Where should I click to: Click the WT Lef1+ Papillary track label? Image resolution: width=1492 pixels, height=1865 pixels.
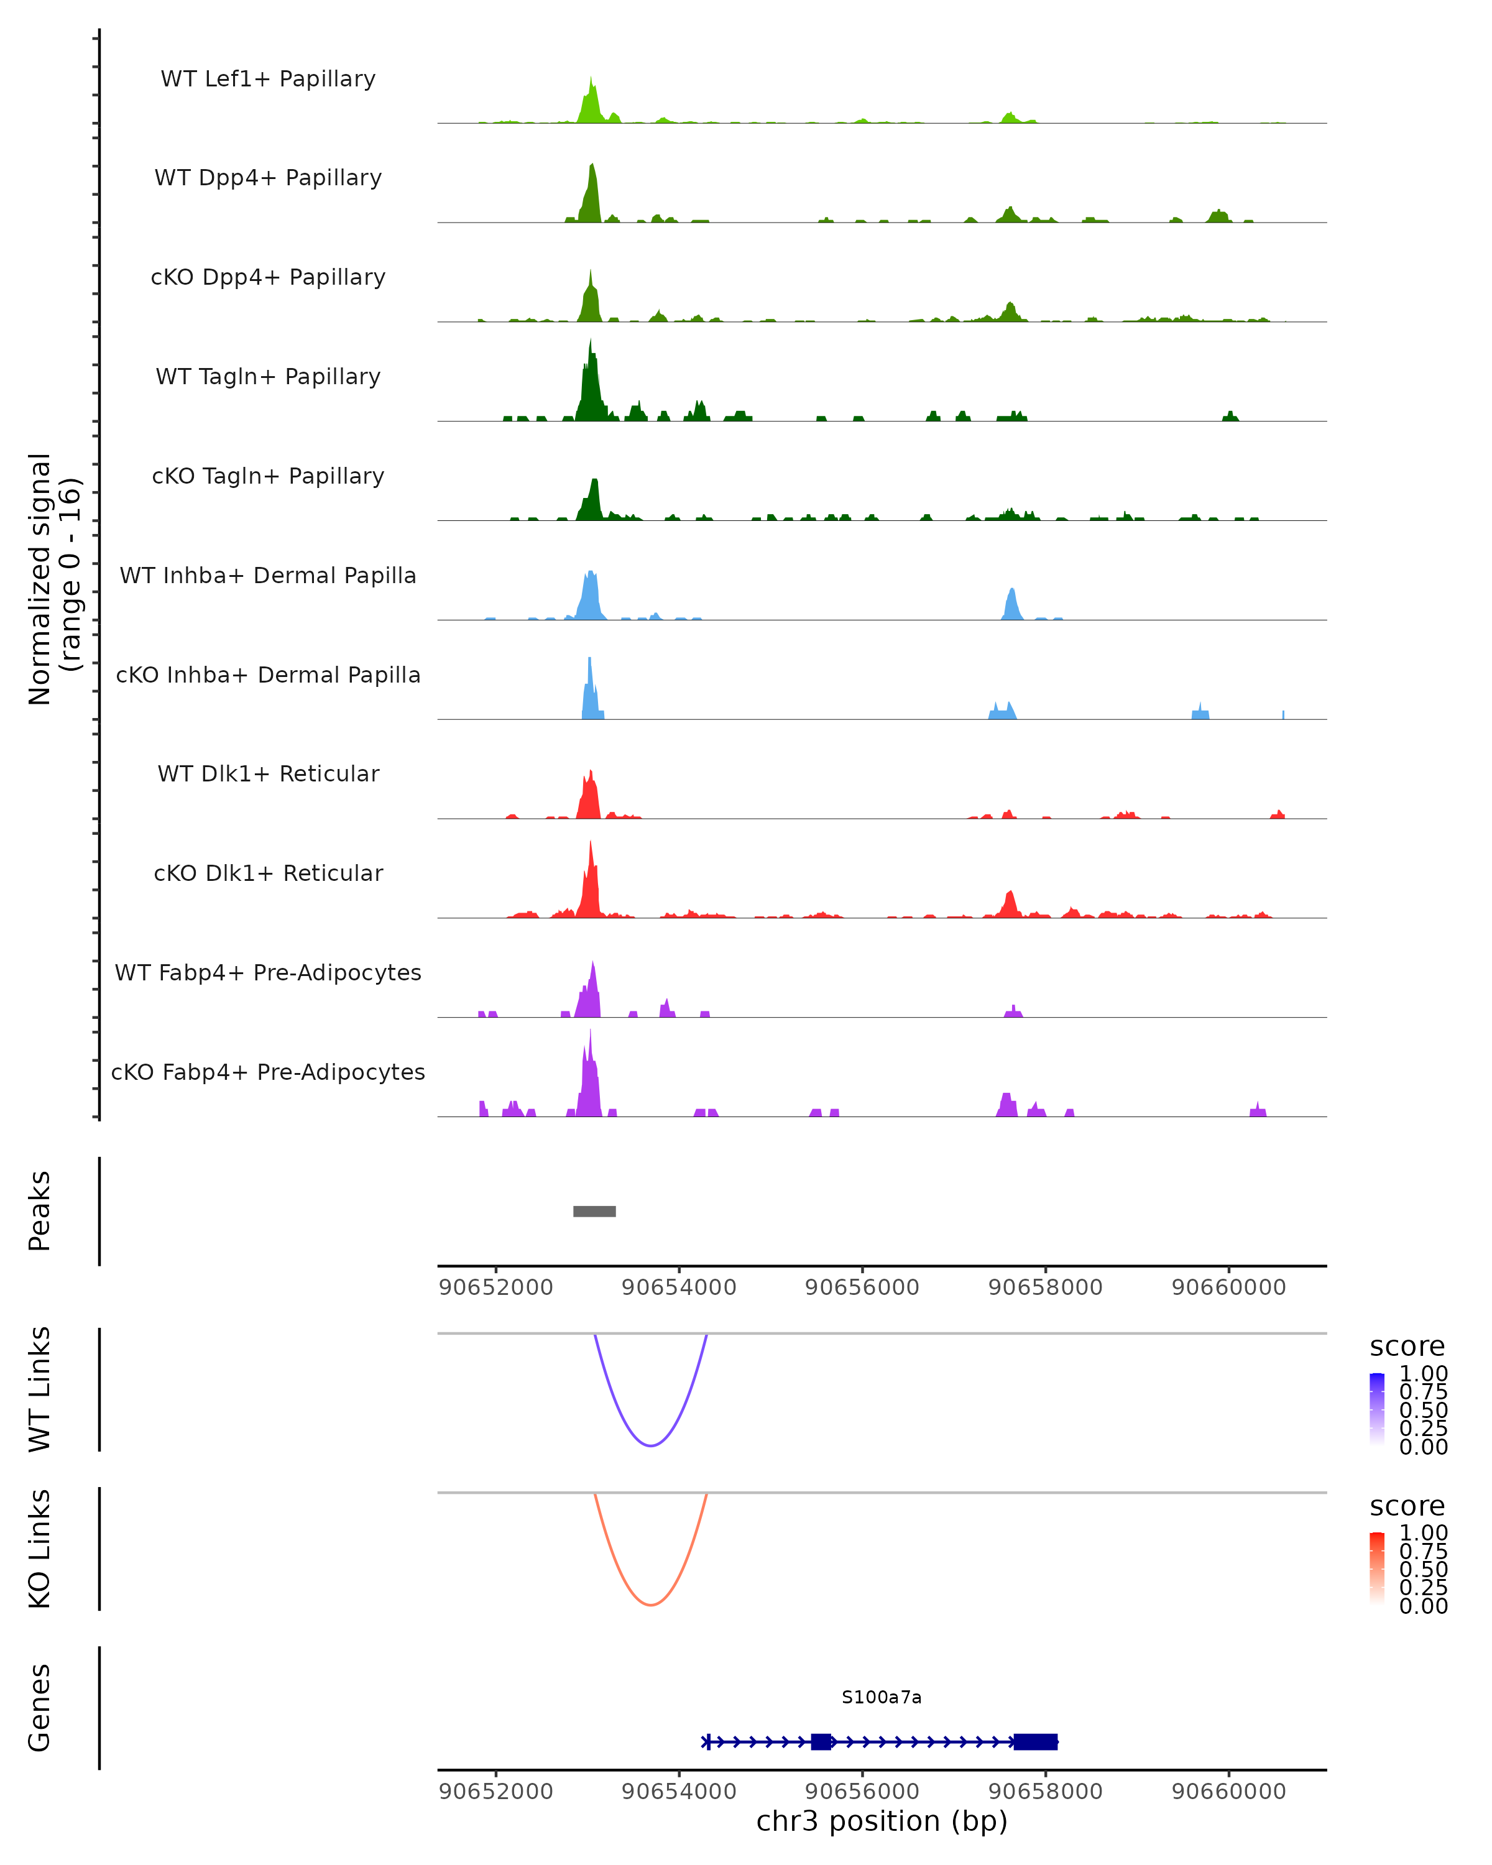[x=268, y=79]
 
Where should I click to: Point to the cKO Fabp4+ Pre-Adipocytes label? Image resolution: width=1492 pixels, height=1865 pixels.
[x=268, y=1072]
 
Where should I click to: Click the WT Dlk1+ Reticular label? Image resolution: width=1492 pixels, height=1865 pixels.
[x=268, y=773]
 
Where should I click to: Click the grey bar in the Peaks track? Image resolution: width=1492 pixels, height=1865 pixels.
[x=594, y=1211]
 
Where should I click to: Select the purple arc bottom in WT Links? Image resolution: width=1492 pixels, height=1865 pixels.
[x=650, y=1445]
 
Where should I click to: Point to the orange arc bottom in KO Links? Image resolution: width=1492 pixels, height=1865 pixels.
[x=650, y=1605]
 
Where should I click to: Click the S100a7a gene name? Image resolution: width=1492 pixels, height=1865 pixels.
[x=882, y=1697]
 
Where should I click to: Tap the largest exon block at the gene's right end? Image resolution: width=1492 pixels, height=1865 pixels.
[x=1035, y=1741]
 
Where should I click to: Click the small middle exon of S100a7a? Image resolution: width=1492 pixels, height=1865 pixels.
[x=821, y=1741]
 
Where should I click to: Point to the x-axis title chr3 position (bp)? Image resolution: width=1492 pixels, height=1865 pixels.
[x=882, y=1821]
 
